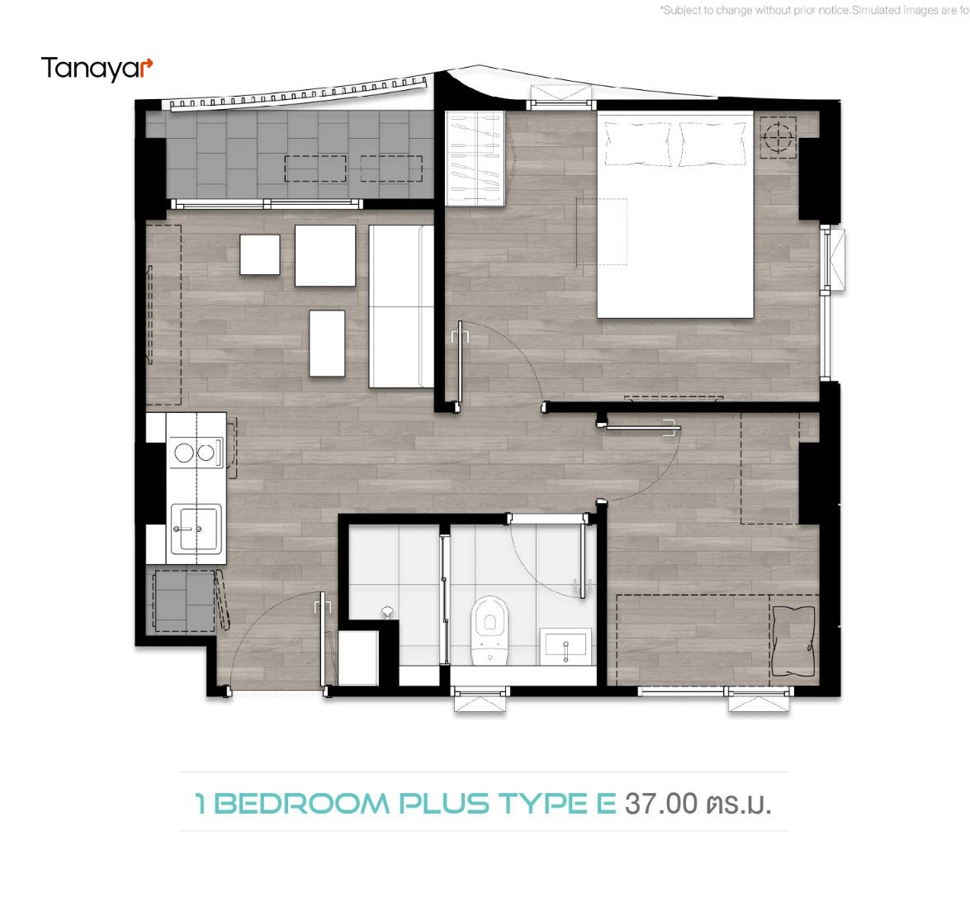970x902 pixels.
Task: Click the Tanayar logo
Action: [x=97, y=69]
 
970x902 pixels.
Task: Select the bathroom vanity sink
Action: [x=565, y=646]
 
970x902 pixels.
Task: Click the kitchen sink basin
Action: [x=196, y=528]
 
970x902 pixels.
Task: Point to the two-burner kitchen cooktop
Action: [x=196, y=453]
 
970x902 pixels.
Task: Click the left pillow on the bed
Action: [x=638, y=144]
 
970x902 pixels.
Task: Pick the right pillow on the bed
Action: [x=712, y=144]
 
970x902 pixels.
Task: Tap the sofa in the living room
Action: [x=401, y=306]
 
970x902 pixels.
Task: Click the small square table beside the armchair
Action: [x=260, y=254]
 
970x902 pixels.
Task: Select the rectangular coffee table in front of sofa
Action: [x=327, y=343]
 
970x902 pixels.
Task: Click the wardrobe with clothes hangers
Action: [x=476, y=158]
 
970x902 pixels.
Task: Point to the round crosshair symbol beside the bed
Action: [x=778, y=137]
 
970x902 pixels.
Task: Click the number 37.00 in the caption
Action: [x=660, y=804]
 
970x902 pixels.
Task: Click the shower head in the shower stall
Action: [x=387, y=611]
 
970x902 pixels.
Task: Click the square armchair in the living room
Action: [x=325, y=256]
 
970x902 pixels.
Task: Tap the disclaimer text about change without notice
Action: [x=814, y=10]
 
